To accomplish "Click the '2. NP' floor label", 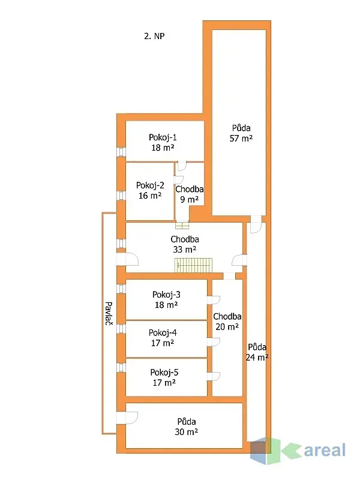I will pos(154,36).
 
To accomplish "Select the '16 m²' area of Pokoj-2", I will pos(149,196).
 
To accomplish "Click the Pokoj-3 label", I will pos(166,295).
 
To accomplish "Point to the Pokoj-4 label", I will pos(163,332).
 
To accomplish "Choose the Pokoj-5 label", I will pos(164,371).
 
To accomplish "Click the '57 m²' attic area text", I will pos(241,138).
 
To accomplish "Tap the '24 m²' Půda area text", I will pos(257,357).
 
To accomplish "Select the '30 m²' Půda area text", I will pos(186,431).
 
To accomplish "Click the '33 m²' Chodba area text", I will pos(184,249).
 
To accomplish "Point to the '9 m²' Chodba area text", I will pos(188,199).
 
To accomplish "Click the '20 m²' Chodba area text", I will pos(227,327).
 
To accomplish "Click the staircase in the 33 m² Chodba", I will pos(194,264).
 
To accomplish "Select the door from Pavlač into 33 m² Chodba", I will pos(128,259).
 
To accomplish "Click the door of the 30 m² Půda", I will pos(128,418).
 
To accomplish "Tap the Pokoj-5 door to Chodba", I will pos(213,376).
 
